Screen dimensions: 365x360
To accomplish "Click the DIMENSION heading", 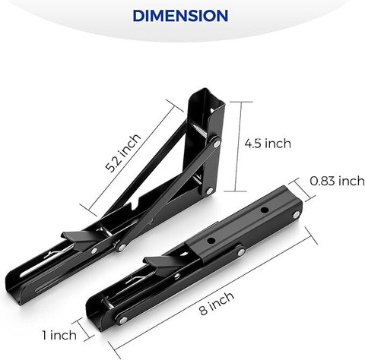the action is point(180,16).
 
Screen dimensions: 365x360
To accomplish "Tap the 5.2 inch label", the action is point(123,153).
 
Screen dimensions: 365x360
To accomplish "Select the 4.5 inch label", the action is point(268,144).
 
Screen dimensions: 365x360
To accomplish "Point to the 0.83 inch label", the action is point(337,181).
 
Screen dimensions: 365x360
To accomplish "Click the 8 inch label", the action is point(217,303).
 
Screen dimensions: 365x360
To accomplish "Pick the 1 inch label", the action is point(59,335).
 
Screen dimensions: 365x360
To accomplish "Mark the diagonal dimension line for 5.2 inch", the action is point(132,158).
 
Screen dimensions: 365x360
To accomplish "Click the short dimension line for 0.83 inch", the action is point(301,190).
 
